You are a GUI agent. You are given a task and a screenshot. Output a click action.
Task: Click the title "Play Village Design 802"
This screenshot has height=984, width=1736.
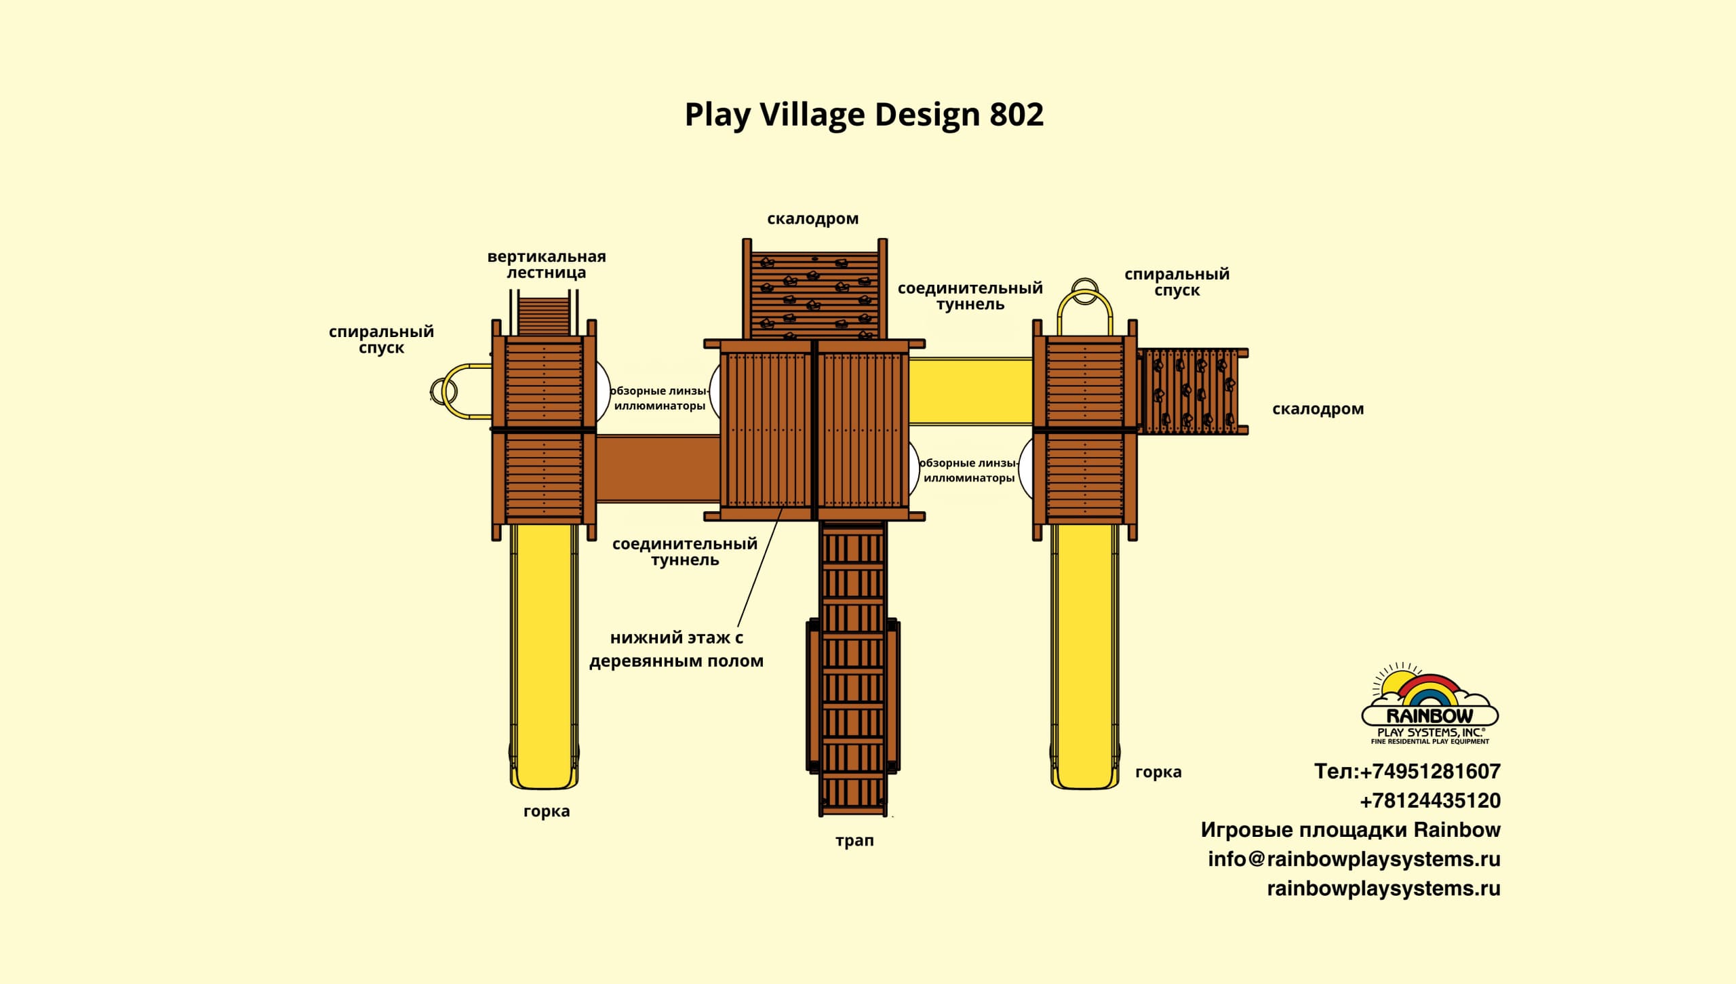point(864,115)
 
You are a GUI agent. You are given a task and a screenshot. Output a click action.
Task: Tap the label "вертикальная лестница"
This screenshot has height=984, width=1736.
point(547,264)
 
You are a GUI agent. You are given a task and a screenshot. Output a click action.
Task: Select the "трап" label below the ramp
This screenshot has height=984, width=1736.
point(854,841)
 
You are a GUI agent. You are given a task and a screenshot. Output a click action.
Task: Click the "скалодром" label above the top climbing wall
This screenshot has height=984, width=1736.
point(812,219)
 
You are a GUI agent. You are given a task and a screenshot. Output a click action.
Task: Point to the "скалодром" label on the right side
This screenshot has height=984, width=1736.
point(1318,409)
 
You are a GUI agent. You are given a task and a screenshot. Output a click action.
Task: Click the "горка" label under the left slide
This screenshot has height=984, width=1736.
point(547,811)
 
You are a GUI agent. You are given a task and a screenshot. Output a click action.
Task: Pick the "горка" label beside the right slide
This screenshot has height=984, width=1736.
point(1158,772)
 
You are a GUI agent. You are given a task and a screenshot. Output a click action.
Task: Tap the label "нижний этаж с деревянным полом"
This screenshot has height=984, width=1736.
point(676,649)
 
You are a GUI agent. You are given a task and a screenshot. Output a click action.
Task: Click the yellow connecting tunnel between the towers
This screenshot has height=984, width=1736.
point(970,391)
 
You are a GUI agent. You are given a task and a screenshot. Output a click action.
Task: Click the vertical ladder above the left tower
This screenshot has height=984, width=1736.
point(544,315)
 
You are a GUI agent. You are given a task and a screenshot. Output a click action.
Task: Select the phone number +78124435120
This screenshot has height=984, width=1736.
point(1430,801)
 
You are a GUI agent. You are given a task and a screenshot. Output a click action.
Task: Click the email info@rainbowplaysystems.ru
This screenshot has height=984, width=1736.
point(1354,859)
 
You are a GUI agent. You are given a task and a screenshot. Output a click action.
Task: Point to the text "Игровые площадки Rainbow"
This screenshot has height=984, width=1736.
point(1350,830)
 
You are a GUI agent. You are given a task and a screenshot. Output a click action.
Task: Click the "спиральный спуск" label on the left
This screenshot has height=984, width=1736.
point(381,340)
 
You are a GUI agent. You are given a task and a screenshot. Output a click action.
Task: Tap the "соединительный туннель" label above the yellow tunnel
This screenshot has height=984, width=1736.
point(970,296)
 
